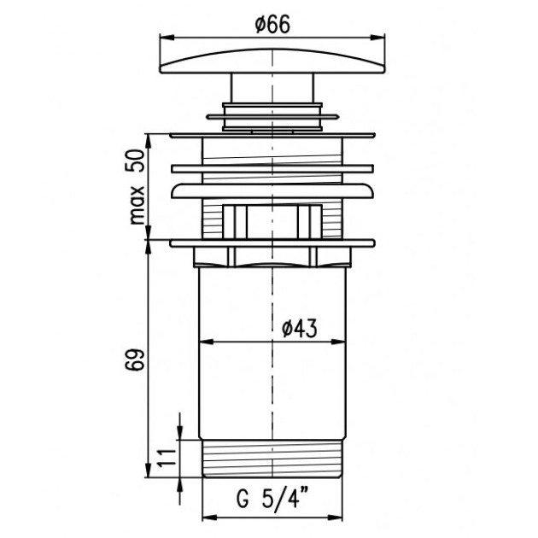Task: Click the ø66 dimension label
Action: pyautogui.click(x=272, y=25)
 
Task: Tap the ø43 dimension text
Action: pyautogui.click(x=299, y=329)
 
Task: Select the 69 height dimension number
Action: pyautogui.click(x=134, y=360)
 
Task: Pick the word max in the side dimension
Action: pyautogui.click(x=137, y=206)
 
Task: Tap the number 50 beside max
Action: pyautogui.click(x=136, y=161)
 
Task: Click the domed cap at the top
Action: pyautogui.click(x=272, y=61)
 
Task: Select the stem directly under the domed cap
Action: pyautogui.click(x=272, y=88)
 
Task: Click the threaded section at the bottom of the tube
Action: pyautogui.click(x=272, y=459)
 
